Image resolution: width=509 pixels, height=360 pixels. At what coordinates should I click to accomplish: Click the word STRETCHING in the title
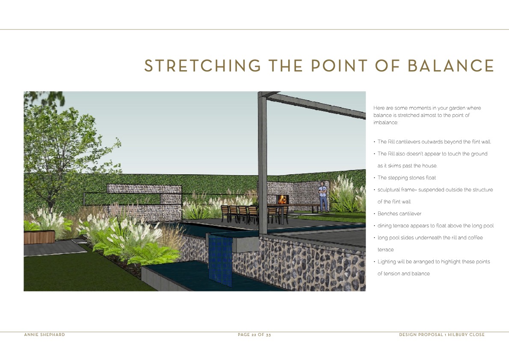pos(203,66)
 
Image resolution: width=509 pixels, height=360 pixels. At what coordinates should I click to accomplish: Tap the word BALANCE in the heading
pos(451,66)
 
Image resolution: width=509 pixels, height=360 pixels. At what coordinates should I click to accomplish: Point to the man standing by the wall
pos(323,196)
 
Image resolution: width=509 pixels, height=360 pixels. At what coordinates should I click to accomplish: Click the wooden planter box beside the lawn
pos(39,237)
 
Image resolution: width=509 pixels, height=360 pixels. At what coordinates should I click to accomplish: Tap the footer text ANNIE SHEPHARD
pos(44,335)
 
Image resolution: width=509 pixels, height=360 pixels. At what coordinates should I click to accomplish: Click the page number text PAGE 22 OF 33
pos(254,335)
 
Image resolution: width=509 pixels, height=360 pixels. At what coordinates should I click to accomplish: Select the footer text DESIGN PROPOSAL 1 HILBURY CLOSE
pos(442,335)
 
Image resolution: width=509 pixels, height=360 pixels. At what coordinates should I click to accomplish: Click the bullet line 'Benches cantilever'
pos(399,214)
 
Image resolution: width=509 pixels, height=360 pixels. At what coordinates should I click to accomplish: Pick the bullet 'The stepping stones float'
pos(406,178)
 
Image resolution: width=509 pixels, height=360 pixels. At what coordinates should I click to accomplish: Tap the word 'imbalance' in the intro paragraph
pos(385,122)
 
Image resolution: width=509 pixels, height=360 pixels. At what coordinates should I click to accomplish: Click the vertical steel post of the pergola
pos(263,163)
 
